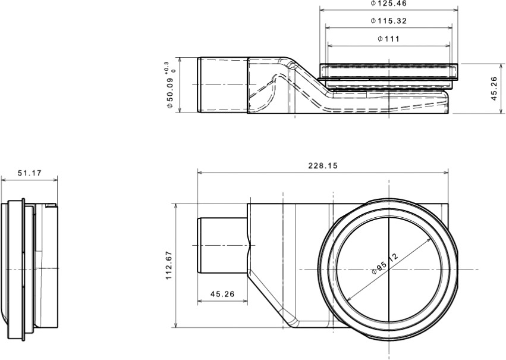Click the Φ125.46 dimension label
click(388, 4)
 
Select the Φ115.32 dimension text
click(388, 21)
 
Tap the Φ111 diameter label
click(388, 39)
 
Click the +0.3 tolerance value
click(166, 67)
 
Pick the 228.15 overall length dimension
click(323, 165)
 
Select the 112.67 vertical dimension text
click(169, 265)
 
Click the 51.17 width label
click(29, 173)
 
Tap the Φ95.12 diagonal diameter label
click(385, 264)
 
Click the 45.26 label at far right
click(494, 89)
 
